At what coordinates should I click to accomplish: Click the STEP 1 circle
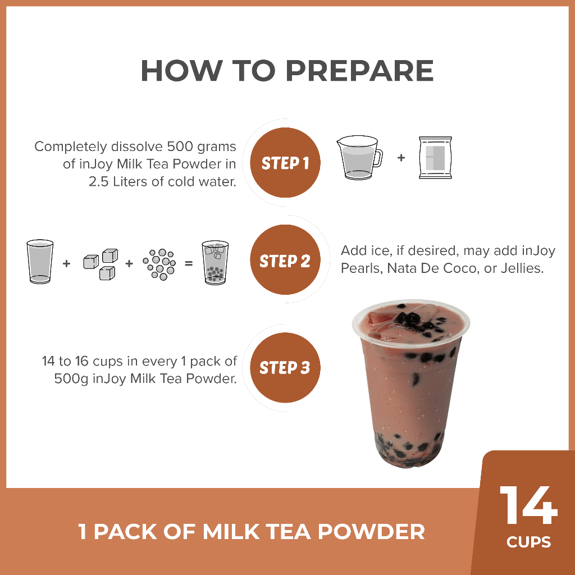click(285, 162)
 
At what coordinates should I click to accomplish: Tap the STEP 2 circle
click(285, 259)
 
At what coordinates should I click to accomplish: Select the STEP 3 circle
click(285, 367)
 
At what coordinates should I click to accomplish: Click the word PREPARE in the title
click(359, 70)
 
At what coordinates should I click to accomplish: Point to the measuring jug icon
click(359, 157)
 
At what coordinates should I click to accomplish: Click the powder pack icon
click(435, 158)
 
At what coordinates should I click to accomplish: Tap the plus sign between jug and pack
click(401, 158)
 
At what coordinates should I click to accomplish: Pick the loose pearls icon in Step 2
click(159, 264)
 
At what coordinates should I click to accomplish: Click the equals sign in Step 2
click(189, 263)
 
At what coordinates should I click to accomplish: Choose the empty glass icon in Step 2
click(40, 262)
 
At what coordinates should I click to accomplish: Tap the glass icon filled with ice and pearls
click(215, 263)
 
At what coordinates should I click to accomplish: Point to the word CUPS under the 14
click(528, 542)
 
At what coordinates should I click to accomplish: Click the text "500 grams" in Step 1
click(202, 147)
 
